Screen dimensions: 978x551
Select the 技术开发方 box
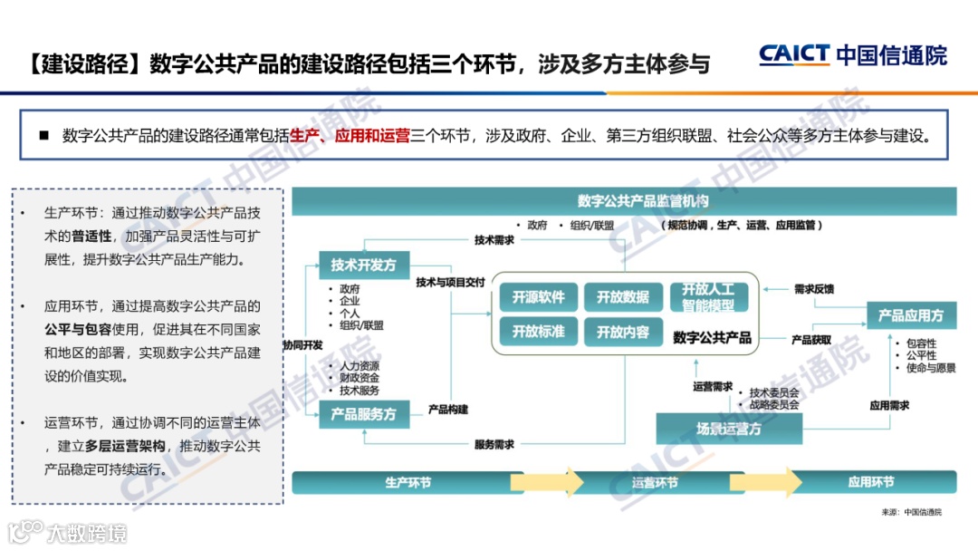363,265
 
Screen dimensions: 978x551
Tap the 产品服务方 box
363,414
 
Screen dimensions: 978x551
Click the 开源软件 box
538,297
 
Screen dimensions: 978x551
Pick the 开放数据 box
623,297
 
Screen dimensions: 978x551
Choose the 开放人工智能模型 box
708,297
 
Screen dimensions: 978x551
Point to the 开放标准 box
538,332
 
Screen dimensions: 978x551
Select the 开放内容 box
623,333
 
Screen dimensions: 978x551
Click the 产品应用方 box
910,315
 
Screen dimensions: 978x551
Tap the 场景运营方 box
728,429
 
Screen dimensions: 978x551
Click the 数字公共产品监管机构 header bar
643,200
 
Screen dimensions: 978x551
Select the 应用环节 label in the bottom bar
870,482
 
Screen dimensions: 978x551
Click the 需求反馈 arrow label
813,289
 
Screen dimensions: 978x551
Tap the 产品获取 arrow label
811,340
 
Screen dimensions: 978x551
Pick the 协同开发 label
302,345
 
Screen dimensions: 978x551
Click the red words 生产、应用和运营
350,136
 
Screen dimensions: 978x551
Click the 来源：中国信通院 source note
911,512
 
